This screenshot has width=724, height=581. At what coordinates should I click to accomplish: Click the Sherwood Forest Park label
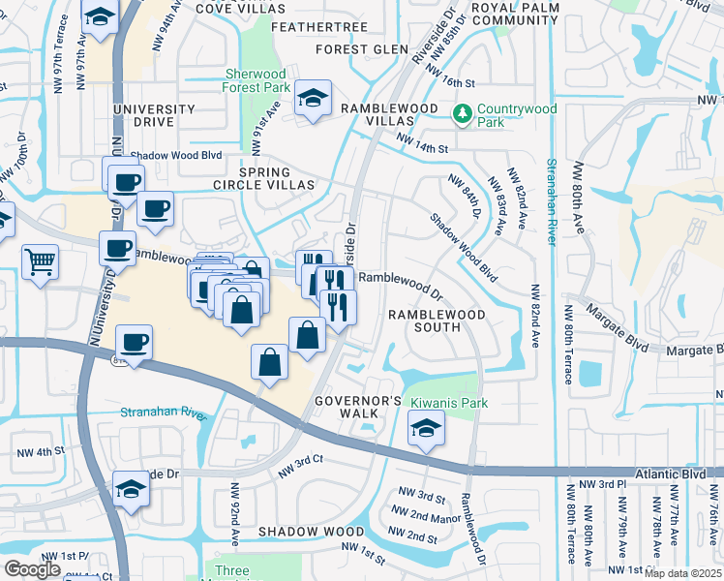pyautogui.click(x=256, y=80)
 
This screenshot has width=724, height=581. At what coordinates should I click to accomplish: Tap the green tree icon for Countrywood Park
pyautogui.click(x=463, y=114)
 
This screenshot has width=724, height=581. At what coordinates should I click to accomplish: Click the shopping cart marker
pyautogui.click(x=40, y=260)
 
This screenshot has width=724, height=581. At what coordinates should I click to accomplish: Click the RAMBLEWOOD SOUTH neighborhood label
pyautogui.click(x=437, y=321)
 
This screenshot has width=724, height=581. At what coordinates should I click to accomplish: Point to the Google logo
pyautogui.click(x=33, y=569)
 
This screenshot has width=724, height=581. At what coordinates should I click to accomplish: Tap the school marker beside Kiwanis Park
pyautogui.click(x=425, y=429)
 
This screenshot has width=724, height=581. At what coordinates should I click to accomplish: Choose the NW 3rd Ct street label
pyautogui.click(x=299, y=467)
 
